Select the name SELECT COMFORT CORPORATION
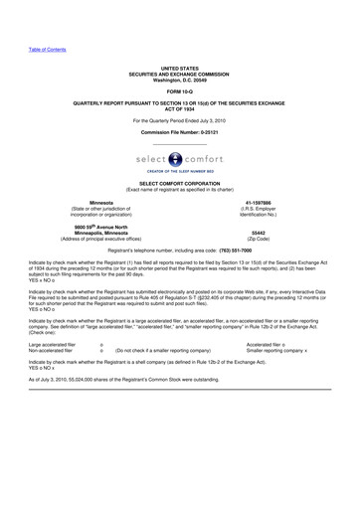(x=180, y=184)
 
